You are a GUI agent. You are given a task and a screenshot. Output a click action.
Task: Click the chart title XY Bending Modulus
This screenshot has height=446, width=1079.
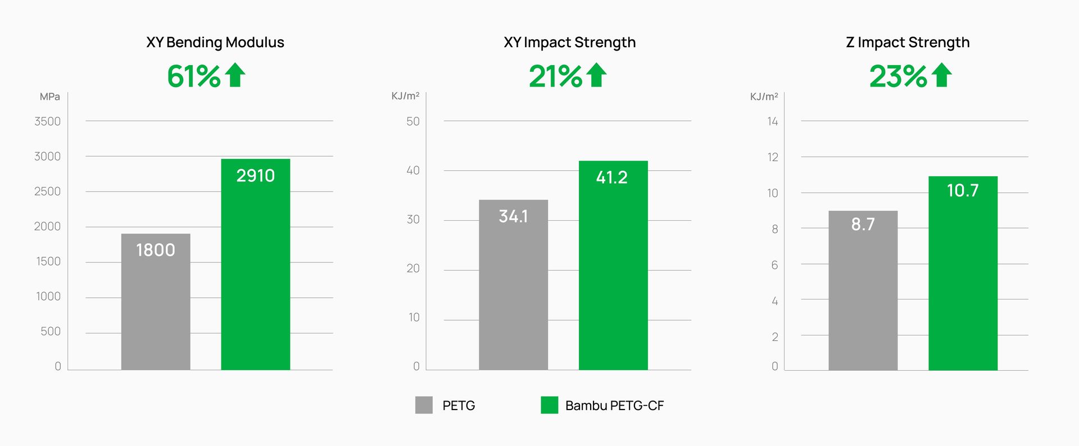[x=215, y=43]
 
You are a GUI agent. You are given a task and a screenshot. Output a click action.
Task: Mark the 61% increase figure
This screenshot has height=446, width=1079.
[x=194, y=76]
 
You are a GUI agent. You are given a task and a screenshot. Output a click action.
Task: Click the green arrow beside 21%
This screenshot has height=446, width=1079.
[x=597, y=75]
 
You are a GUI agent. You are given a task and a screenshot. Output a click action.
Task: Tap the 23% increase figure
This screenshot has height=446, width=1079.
[x=898, y=76]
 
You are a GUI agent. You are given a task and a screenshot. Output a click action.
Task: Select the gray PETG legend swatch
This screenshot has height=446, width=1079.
[x=424, y=405]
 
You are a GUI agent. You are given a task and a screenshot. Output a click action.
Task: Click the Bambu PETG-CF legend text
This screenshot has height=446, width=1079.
[x=614, y=406]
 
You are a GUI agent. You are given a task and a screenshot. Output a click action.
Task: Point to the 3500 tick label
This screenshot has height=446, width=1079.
[x=47, y=121]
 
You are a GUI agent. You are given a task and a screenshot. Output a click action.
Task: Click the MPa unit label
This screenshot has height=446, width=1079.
[x=49, y=97]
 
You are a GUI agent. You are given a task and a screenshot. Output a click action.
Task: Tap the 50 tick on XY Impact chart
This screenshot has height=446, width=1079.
[x=413, y=121]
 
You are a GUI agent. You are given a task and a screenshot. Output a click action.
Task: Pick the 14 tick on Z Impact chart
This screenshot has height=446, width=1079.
[x=773, y=121]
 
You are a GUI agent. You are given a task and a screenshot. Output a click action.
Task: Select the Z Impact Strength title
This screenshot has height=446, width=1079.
[x=908, y=43]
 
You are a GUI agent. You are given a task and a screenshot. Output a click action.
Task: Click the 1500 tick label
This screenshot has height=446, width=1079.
[x=48, y=261]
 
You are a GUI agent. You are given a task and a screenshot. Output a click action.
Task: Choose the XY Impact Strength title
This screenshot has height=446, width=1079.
[x=569, y=43]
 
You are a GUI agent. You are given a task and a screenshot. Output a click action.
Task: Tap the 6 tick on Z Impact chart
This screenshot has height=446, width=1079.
[x=774, y=265]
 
